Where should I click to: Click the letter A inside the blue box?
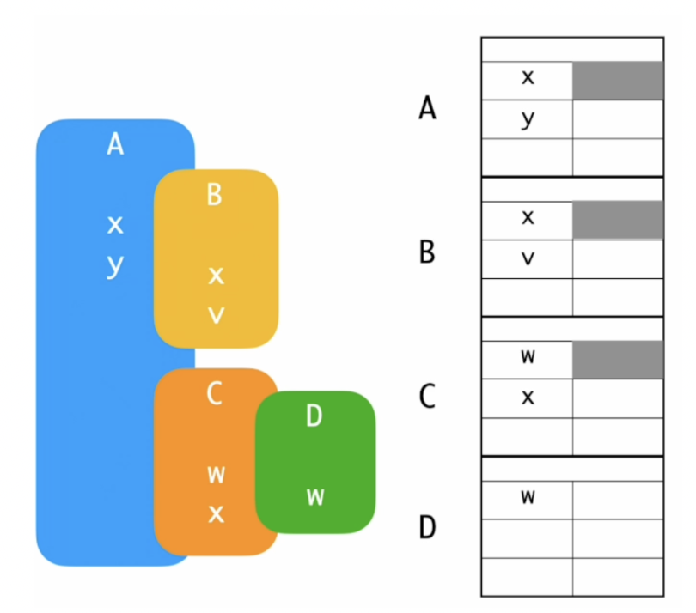tap(115, 145)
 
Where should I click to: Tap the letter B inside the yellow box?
tap(215, 195)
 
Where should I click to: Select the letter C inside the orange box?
tap(215, 393)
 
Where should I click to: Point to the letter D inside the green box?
tap(314, 416)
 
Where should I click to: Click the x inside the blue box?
tap(115, 226)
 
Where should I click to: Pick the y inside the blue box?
tap(115, 265)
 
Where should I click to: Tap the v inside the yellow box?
tap(216, 314)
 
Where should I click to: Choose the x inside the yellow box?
tap(216, 276)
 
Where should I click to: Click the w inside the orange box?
tap(216, 474)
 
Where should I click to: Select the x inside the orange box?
tap(216, 513)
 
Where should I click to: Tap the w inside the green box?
tap(315, 496)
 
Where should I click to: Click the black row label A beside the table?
tap(428, 109)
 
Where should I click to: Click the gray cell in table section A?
tap(618, 81)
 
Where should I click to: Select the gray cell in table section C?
tap(618, 360)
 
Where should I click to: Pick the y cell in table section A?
tap(528, 119)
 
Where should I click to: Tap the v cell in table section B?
tap(528, 259)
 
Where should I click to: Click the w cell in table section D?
tap(528, 500)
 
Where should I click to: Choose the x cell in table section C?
tap(528, 398)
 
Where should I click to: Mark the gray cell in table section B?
tap(618, 220)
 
